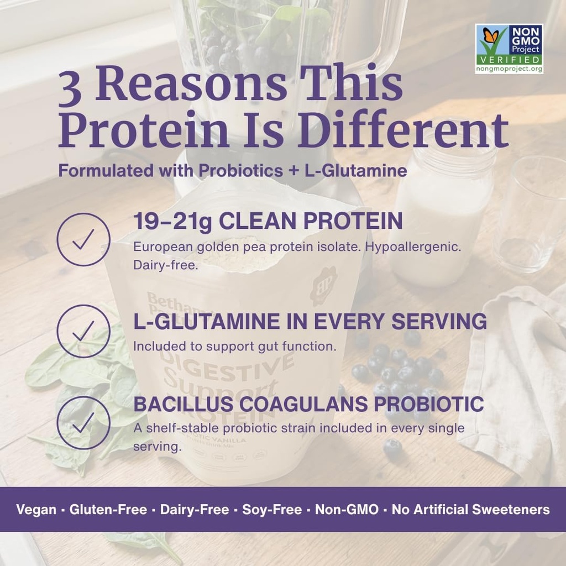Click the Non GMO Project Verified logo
[x=509, y=49]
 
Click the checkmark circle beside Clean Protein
[x=83, y=239]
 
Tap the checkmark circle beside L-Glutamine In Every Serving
[x=83, y=331]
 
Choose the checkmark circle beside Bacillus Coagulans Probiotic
[x=83, y=423]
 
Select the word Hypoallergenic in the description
[x=412, y=247]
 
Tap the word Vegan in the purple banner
[x=36, y=510]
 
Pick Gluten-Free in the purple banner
[x=108, y=510]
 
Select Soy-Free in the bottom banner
[x=272, y=510]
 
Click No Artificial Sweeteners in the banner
[x=470, y=510]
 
